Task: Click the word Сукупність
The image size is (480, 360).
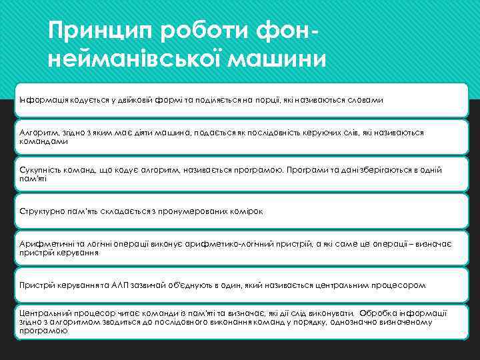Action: [x=38, y=170]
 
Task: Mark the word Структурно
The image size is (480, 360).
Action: [x=40, y=211]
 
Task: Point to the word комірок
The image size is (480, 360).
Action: [x=246, y=211]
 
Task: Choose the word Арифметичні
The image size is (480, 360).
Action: [x=43, y=245]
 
